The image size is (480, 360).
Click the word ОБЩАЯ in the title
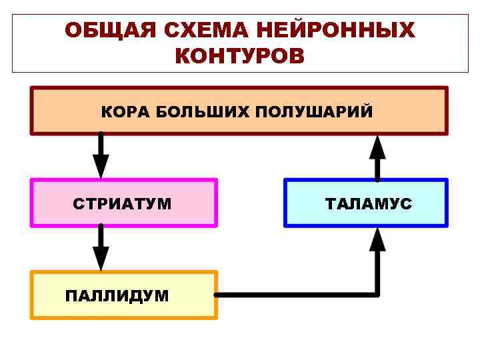(x=109, y=31)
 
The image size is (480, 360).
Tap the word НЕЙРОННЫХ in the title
(x=335, y=31)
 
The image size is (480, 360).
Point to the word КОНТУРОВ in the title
(x=239, y=56)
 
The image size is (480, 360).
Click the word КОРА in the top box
(x=125, y=111)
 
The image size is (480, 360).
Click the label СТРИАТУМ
(x=123, y=204)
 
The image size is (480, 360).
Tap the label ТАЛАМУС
(x=369, y=204)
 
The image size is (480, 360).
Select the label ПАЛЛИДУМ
(x=117, y=295)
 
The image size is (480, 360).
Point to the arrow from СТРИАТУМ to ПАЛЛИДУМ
(x=101, y=246)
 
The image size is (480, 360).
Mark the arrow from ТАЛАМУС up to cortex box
(x=377, y=157)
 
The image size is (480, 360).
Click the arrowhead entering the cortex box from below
(x=377, y=145)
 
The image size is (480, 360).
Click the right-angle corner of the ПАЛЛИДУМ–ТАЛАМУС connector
(x=377, y=294)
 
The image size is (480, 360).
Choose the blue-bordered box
(x=366, y=202)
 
